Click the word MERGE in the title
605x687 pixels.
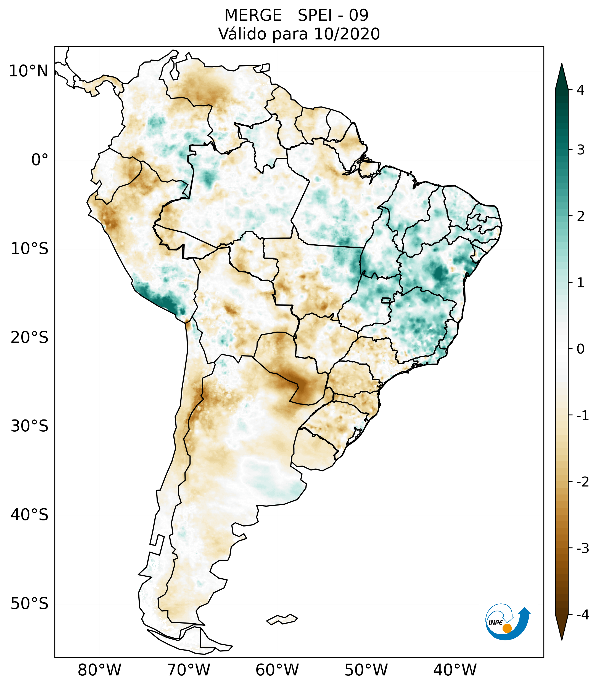pyautogui.click(x=253, y=15)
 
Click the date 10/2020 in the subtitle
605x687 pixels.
pyautogui.click(x=347, y=34)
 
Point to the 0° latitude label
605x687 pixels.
pyautogui.click(x=40, y=160)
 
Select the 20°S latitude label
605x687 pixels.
pyautogui.click(x=30, y=338)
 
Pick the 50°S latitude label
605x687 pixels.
pyautogui.click(x=30, y=604)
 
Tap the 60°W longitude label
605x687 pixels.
pyautogui.click(x=277, y=670)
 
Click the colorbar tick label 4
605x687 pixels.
pyautogui.click(x=580, y=90)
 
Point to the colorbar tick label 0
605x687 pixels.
pyautogui.click(x=580, y=349)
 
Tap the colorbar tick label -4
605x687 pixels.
pyautogui.click(x=582, y=615)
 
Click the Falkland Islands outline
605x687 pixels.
pyautogui.click(x=282, y=619)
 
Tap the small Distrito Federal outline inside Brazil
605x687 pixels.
pyautogui.click(x=386, y=300)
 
